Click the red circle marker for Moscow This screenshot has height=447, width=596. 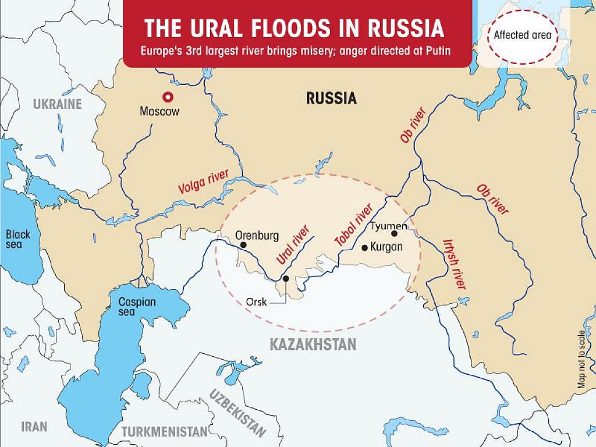coord(168,97)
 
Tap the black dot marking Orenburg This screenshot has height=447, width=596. coord(243,246)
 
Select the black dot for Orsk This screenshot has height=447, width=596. coord(286,279)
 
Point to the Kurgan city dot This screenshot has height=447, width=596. coord(365,247)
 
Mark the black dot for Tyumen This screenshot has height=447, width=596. coord(394,234)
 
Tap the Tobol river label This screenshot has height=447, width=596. coord(353,226)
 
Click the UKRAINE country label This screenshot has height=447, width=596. coord(58,104)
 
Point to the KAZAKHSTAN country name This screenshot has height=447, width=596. coord(313,345)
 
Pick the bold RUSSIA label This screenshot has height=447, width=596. coord(331,98)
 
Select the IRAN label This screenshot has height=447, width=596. coord(34,426)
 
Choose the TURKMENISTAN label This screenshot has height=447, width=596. coord(165,432)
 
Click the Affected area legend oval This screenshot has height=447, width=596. coord(522,34)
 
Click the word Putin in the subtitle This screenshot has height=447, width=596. coord(439,50)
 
